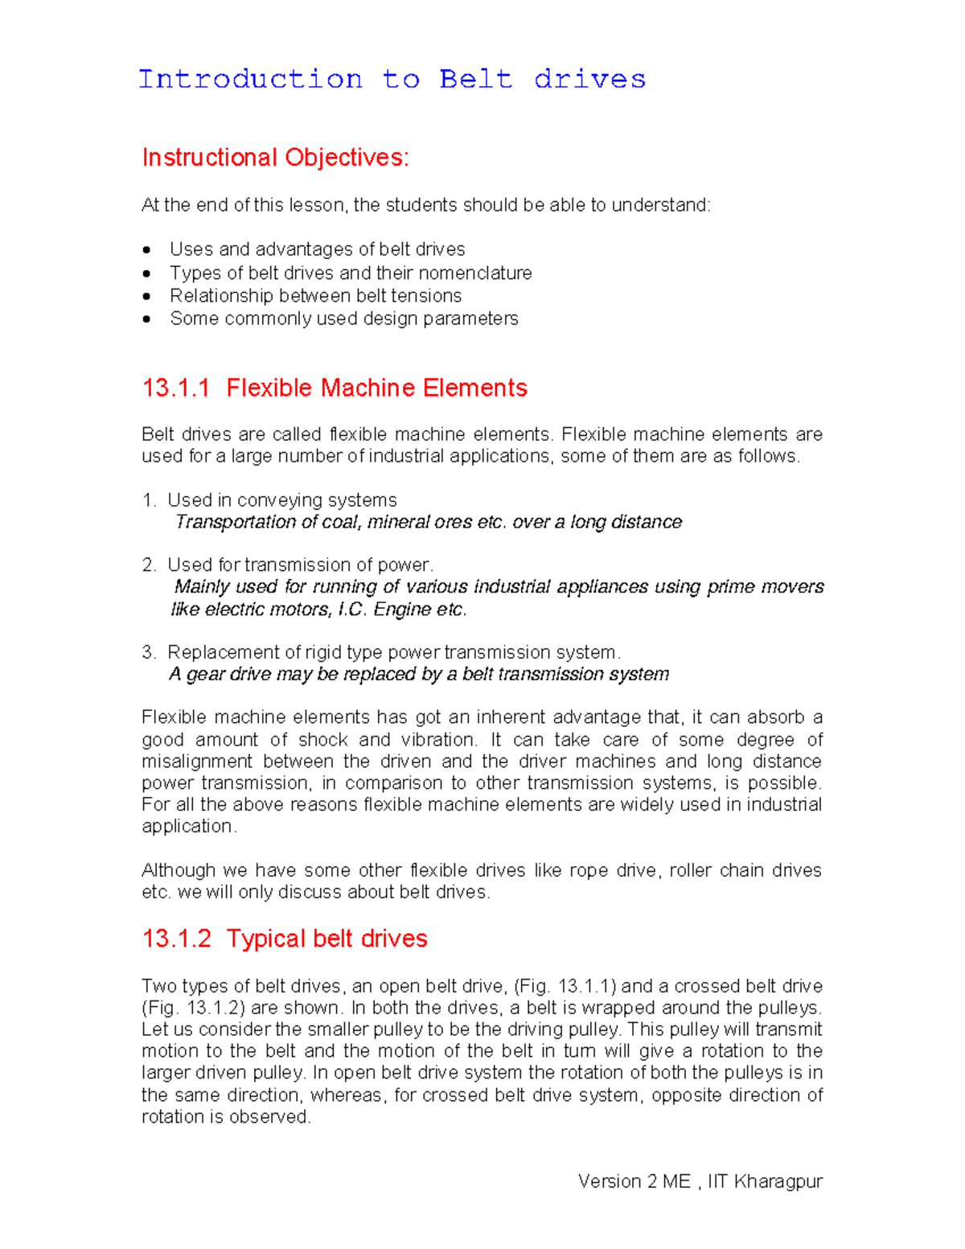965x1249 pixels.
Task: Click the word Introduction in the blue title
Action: (x=250, y=80)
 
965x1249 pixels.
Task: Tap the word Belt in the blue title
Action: (x=475, y=80)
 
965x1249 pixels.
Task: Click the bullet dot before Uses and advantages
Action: (x=146, y=250)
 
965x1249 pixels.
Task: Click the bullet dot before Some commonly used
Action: (x=146, y=319)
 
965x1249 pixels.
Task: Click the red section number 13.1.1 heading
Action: (x=175, y=388)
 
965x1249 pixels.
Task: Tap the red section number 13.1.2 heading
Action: (x=176, y=939)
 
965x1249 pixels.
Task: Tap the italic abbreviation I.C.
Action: (x=351, y=610)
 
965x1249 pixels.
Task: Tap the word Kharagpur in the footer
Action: (x=778, y=1181)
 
